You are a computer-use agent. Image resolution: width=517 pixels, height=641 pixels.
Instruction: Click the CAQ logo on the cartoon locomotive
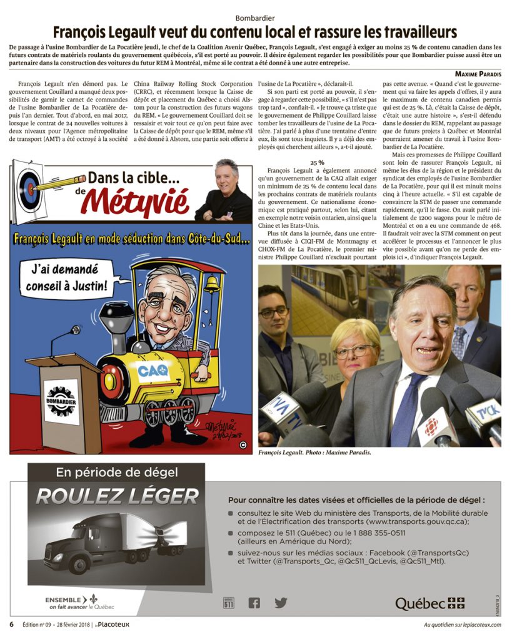[x=153, y=371]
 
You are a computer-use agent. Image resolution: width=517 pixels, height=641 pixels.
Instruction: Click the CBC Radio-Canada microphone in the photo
[x=433, y=420]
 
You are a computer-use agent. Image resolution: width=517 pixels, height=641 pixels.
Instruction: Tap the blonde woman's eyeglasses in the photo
[x=354, y=351]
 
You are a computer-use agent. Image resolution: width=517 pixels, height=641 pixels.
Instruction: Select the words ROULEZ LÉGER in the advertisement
[x=117, y=496]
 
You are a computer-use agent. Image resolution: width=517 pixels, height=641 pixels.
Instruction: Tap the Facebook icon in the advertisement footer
[x=254, y=603]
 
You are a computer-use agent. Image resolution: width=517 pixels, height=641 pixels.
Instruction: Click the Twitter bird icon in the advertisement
[x=281, y=603]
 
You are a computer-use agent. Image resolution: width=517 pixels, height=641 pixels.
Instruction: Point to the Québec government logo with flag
[x=430, y=603]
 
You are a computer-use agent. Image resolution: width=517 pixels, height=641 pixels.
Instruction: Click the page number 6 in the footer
[x=11, y=625]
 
